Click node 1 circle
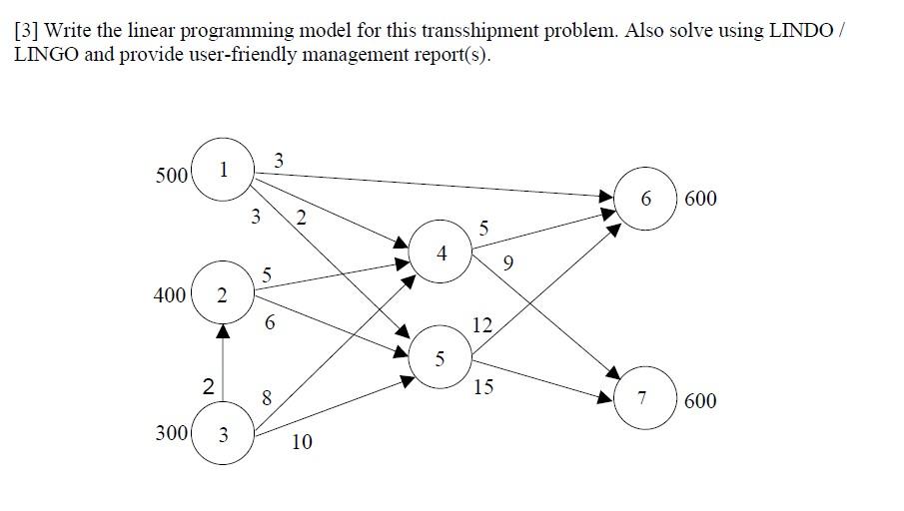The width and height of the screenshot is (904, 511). point(223,171)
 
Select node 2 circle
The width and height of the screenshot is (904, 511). point(223,295)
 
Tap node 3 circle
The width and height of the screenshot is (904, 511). point(223,434)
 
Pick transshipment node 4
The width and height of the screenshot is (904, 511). point(441,254)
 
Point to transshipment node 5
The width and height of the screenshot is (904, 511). point(441,358)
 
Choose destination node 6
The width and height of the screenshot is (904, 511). point(646,199)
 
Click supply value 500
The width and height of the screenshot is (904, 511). point(172,176)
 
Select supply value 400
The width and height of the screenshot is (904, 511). point(172,295)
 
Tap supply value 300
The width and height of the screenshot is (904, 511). point(172,434)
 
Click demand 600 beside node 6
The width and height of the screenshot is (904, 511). point(700,199)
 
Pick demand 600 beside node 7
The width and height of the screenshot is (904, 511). point(700,400)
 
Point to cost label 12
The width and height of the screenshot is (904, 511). point(482,324)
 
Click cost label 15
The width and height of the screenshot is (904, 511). point(482,386)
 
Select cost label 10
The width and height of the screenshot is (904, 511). point(302,441)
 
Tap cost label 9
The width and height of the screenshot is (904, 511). point(509,264)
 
